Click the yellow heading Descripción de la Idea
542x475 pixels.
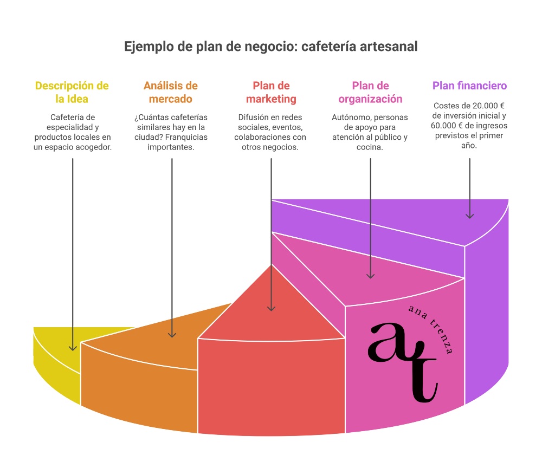72,93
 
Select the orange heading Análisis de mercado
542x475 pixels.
171,93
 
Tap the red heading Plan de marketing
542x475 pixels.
271,93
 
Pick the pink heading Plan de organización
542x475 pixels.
370,93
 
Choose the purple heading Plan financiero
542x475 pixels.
469,86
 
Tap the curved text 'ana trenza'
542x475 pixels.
432,328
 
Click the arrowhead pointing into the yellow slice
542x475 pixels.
73,347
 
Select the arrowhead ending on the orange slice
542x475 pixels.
172,334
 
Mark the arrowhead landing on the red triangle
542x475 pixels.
271,308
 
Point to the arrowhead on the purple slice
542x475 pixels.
469,216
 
